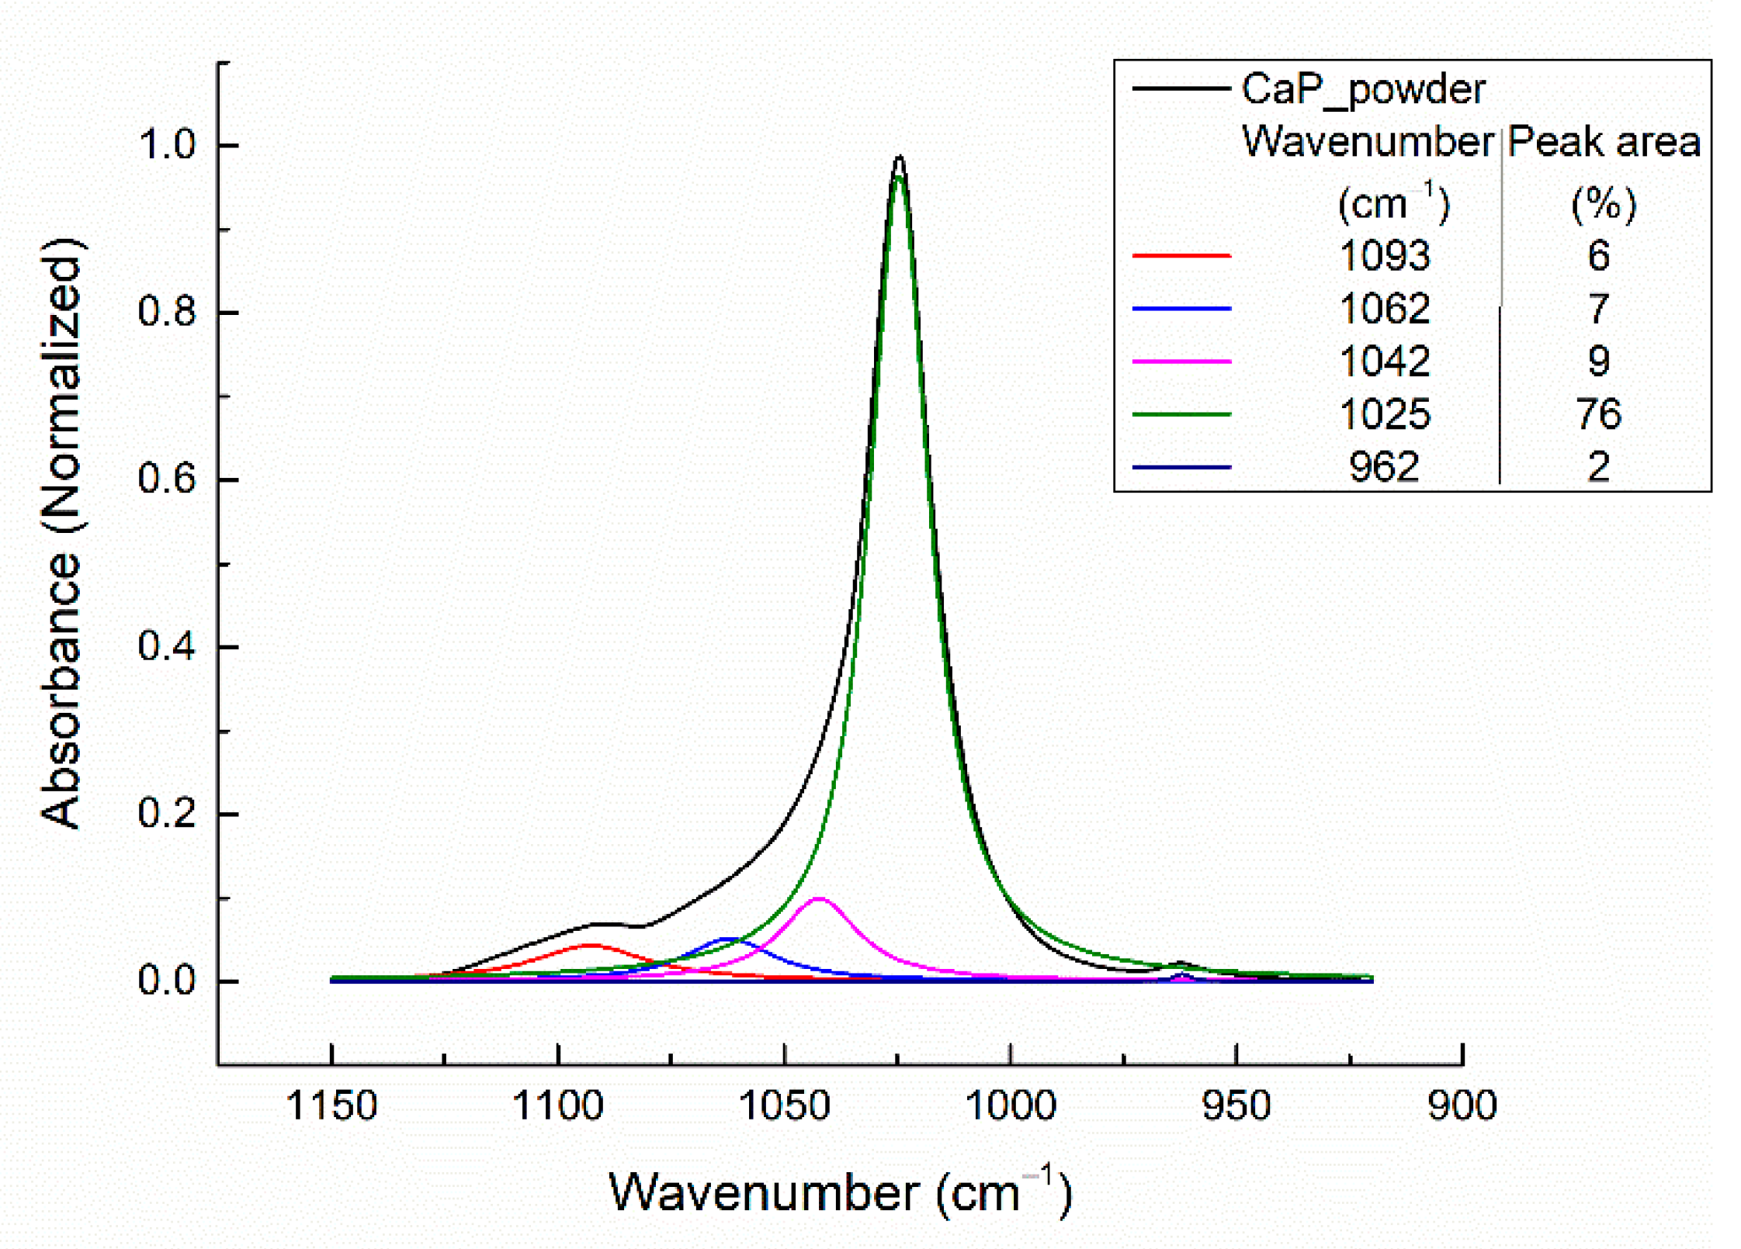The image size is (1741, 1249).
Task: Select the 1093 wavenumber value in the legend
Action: [1384, 255]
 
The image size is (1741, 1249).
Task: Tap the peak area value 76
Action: [1597, 413]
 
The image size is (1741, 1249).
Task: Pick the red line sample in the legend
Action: [1181, 255]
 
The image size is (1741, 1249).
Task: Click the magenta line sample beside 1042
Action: [1181, 362]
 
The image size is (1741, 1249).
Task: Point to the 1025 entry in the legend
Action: [1384, 413]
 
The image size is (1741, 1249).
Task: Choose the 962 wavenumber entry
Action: [1384, 466]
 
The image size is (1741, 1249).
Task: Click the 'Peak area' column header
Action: [1603, 142]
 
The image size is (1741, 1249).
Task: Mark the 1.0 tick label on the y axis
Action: [167, 145]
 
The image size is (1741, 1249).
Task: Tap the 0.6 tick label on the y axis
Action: [167, 479]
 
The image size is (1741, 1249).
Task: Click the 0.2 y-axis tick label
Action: [167, 813]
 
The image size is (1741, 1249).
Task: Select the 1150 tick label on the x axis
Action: [331, 1105]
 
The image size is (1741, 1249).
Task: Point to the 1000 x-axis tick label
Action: [1010, 1105]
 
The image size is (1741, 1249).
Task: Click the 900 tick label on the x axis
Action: [1462, 1105]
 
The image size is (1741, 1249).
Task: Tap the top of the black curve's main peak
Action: [899, 157]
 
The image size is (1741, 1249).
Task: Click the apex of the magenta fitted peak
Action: [818, 898]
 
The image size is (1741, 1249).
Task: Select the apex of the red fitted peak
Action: [591, 945]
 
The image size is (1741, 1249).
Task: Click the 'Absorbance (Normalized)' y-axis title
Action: [61, 535]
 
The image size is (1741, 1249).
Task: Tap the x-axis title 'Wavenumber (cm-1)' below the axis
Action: [839, 1192]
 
